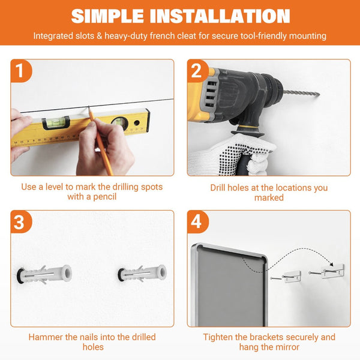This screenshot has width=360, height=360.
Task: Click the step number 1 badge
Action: point(20,70)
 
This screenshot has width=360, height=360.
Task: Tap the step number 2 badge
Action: point(197,70)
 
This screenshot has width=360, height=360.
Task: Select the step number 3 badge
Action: point(20,221)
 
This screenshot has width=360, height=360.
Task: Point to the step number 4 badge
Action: point(197,221)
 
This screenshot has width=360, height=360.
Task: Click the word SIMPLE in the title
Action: point(107,16)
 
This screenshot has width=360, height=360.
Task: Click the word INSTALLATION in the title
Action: point(220,16)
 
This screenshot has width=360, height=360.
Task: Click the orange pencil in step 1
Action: point(101,142)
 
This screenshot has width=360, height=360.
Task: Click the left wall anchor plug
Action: point(44,274)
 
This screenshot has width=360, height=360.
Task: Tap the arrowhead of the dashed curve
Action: point(331,265)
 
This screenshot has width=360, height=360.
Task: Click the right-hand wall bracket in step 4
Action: point(332,271)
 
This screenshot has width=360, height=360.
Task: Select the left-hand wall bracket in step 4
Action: point(292,277)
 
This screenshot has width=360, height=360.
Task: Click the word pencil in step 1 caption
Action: point(104,197)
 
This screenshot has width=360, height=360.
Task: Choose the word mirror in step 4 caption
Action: point(287,347)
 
